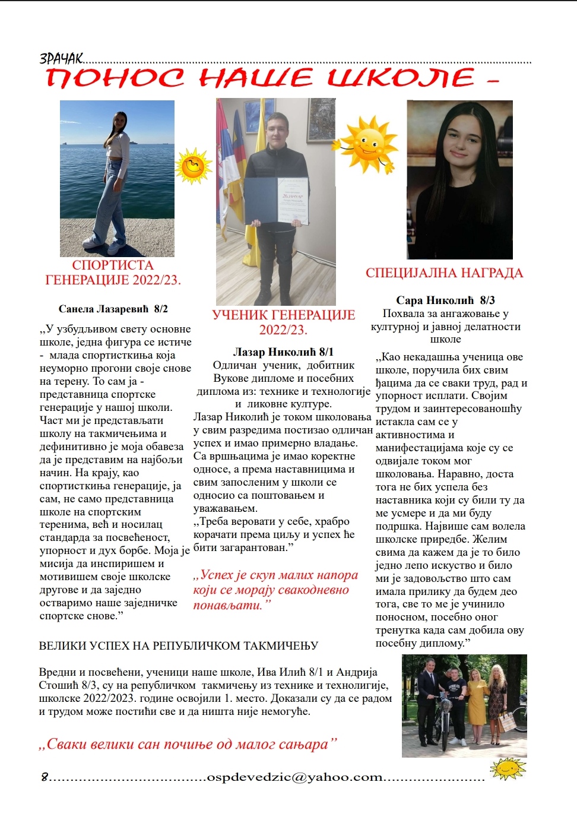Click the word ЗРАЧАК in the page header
(61, 58)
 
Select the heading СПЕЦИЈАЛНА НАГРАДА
(444, 273)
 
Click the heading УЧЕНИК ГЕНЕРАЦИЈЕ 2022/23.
(283, 322)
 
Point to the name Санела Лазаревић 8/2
(113, 309)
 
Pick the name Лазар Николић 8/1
(283, 352)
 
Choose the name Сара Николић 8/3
(445, 300)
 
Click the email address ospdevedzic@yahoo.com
(294, 777)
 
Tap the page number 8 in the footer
(45, 777)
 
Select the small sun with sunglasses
(193, 166)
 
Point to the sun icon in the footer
(508, 768)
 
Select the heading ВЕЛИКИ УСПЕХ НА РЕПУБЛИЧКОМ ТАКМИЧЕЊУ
(179, 645)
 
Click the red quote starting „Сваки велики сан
(188, 744)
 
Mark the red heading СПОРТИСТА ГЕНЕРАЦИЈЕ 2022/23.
(113, 273)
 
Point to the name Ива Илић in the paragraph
(281, 672)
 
